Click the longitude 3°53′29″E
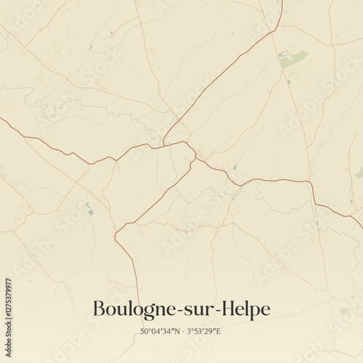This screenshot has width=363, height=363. coord(205,332)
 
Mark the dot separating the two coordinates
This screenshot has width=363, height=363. coord(182,332)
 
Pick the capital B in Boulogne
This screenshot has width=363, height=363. coord(99,309)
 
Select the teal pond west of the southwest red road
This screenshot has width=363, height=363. coord(90,210)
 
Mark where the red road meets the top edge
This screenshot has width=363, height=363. coord(282,1)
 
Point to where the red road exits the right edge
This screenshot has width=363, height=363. coord(361,218)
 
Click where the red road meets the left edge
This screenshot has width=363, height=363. coord(1,119)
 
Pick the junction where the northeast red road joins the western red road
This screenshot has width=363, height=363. coord(166,143)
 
